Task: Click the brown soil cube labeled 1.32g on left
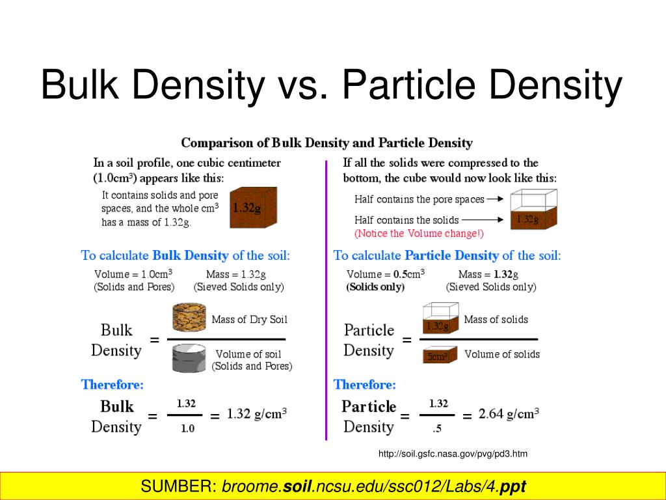(x=254, y=208)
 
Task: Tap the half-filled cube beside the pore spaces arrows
(x=533, y=210)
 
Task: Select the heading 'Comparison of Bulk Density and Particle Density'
(x=326, y=143)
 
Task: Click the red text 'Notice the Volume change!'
(x=419, y=233)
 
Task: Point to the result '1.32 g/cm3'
(x=257, y=414)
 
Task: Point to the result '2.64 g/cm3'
(x=509, y=413)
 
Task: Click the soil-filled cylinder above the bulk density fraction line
(x=189, y=318)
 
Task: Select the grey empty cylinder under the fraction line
(x=189, y=358)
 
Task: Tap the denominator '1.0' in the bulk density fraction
(x=187, y=428)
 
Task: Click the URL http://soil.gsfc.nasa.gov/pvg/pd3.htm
(x=453, y=454)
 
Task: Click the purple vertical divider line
(x=326, y=299)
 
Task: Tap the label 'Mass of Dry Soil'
(x=249, y=320)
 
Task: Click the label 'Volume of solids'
(x=502, y=354)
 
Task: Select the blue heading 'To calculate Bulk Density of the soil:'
(x=185, y=255)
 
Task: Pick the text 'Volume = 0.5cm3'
(x=386, y=274)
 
